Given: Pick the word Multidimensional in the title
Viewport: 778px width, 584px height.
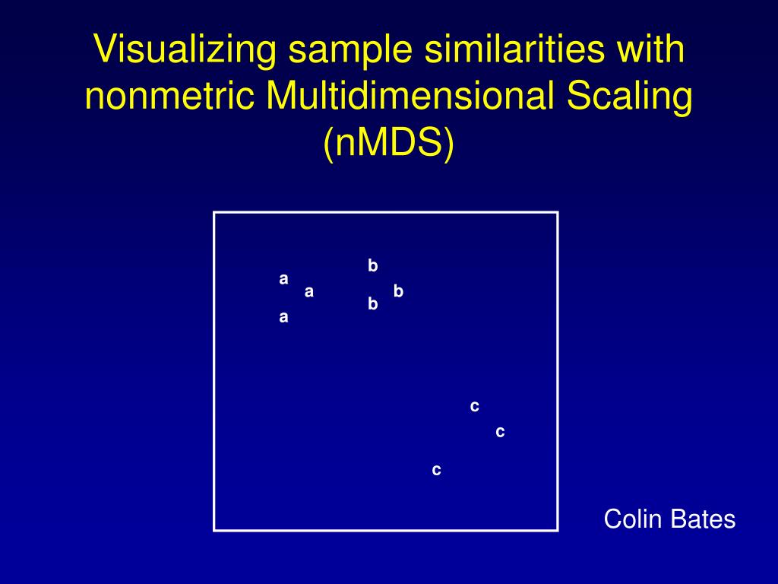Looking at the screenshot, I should click(400, 97).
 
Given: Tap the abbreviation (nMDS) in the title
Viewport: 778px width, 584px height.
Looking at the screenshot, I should click(388, 144).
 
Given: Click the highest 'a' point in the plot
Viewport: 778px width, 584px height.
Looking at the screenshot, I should click(283, 279).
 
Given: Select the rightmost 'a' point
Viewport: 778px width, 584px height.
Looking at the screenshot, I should click(309, 291).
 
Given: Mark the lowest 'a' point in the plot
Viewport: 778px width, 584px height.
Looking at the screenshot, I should click(283, 318).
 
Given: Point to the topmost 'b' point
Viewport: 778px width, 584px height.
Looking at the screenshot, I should click(373, 265).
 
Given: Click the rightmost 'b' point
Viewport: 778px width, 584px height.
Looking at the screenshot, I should click(398, 290).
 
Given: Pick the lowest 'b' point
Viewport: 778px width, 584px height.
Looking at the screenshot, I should click(373, 304).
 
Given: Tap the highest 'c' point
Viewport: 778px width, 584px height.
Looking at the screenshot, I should click(475, 407).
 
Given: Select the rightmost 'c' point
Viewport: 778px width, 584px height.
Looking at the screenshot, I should click(500, 432).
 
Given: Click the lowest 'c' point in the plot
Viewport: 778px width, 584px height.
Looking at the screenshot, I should click(436, 471).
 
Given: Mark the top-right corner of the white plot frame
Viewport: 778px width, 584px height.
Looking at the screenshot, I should click(558, 213).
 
